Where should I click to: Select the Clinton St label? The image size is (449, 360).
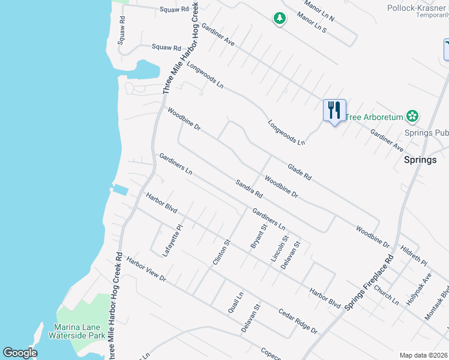click(x=221, y=253)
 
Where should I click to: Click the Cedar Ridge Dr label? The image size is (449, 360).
click(x=298, y=320)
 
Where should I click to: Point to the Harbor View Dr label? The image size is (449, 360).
click(x=146, y=271)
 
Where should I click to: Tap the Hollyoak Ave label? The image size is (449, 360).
click(x=420, y=287)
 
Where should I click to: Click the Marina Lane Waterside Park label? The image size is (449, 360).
click(x=80, y=331)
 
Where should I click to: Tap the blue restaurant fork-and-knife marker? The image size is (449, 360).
click(x=334, y=110)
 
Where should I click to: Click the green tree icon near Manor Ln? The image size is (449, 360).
click(x=279, y=19)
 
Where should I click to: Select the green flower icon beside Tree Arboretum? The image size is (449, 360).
click(x=412, y=115)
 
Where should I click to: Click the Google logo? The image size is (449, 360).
click(x=20, y=353)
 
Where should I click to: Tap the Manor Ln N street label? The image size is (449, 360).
click(x=319, y=11)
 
